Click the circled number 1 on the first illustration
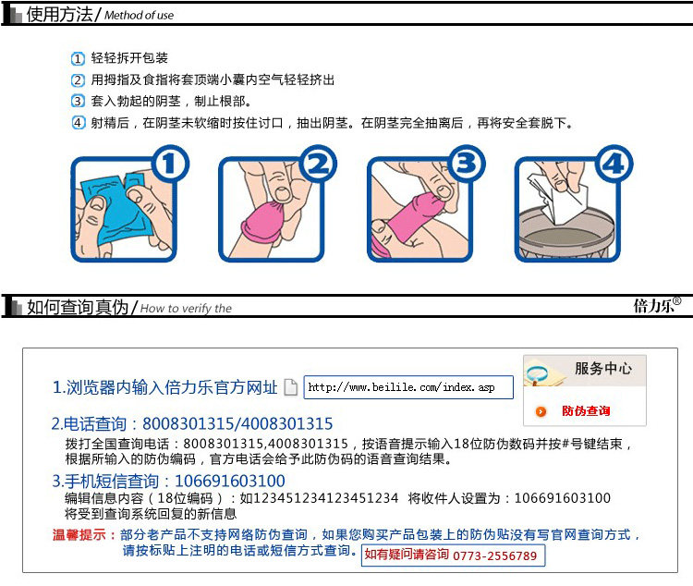(x=170, y=164)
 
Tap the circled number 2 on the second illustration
(x=318, y=164)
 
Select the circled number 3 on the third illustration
(x=467, y=164)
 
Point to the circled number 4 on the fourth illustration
(x=614, y=164)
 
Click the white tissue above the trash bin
(x=558, y=197)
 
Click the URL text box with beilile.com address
(x=408, y=387)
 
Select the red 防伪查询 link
(x=586, y=411)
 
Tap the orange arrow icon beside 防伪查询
(x=541, y=411)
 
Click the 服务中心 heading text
(x=603, y=368)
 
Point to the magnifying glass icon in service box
(x=536, y=373)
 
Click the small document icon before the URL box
(x=290, y=387)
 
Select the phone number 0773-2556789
(x=495, y=555)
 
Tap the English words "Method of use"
(x=140, y=16)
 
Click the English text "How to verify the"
(x=186, y=309)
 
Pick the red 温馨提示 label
(x=79, y=534)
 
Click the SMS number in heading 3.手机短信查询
(x=230, y=481)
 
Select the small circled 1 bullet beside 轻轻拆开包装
(x=78, y=58)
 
